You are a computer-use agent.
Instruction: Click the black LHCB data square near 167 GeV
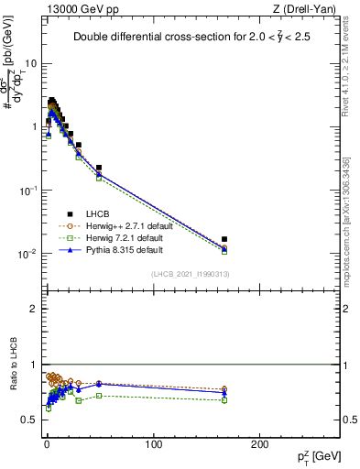coord(224,239)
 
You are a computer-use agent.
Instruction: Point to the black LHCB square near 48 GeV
coord(98,168)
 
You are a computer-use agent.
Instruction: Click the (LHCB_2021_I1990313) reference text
coord(190,274)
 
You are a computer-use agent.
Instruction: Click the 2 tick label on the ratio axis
coord(34,309)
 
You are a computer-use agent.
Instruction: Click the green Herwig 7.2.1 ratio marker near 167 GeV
coord(224,400)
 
